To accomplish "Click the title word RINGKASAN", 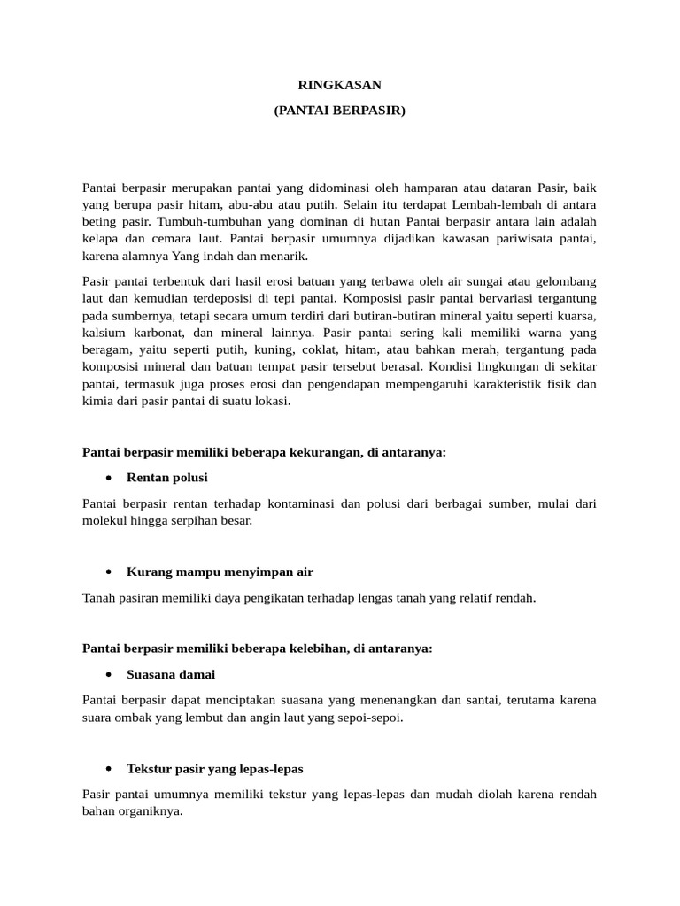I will pyautogui.click(x=339, y=86).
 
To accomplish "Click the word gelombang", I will pyautogui.click(x=564, y=281).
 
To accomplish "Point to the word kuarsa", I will pyautogui.click(x=576, y=316).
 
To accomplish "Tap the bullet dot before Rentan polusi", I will pyautogui.click(x=108, y=478).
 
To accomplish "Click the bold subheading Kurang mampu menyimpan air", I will pyautogui.click(x=220, y=572).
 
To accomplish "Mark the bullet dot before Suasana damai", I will pyautogui.click(x=108, y=674).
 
